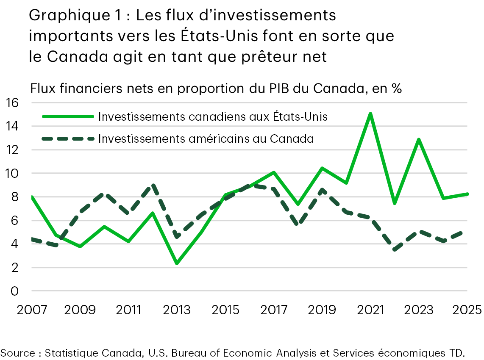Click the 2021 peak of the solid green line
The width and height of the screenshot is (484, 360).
click(370, 114)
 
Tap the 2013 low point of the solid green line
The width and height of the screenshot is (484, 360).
click(177, 263)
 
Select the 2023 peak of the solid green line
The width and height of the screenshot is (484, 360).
click(419, 139)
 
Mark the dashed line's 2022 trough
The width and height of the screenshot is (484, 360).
click(395, 250)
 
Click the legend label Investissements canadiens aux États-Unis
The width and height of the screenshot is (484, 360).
click(213, 116)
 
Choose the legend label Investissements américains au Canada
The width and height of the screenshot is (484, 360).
click(206, 138)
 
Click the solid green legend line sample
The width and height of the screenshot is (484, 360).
click(67, 116)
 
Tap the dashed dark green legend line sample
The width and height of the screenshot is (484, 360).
click(67, 138)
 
